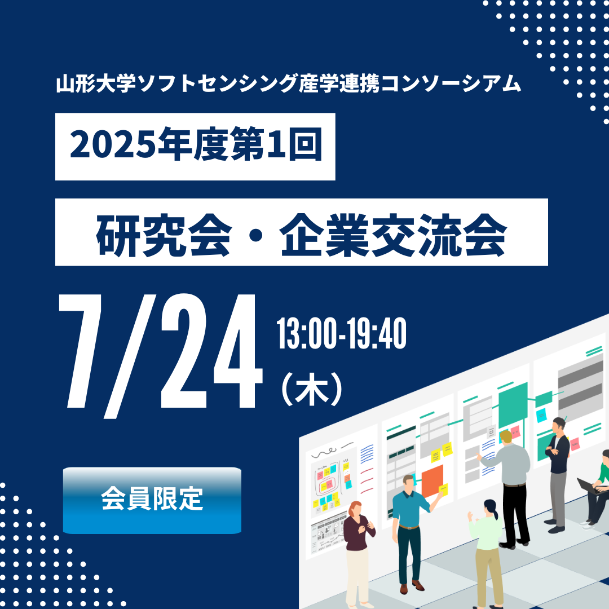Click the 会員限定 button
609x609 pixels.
(x=152, y=500)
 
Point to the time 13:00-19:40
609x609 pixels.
(x=341, y=333)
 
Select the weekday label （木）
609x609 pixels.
(x=311, y=389)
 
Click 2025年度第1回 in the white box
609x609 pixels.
(x=196, y=144)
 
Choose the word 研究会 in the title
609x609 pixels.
(x=164, y=235)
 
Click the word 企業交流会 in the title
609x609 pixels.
(x=393, y=235)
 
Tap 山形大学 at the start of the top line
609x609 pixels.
(x=96, y=83)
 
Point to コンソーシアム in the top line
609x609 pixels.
(x=451, y=83)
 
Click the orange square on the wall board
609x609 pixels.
(x=433, y=481)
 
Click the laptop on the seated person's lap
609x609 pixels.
(x=588, y=486)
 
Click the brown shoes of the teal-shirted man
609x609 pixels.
(x=411, y=586)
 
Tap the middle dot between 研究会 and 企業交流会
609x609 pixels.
(x=255, y=235)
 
